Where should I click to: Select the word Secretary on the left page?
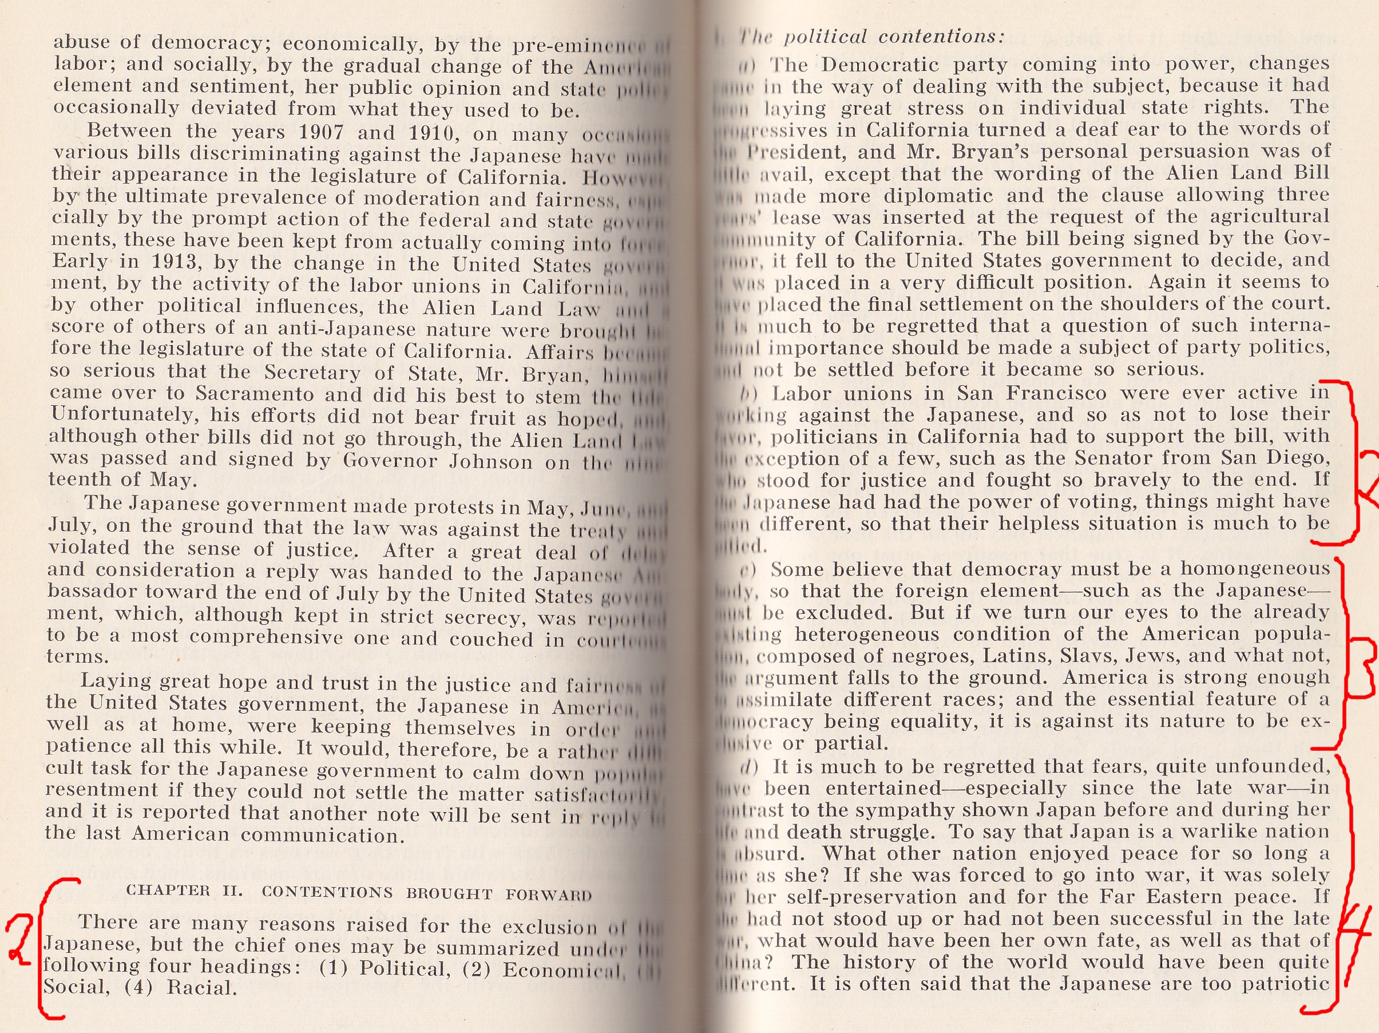[312, 373]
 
